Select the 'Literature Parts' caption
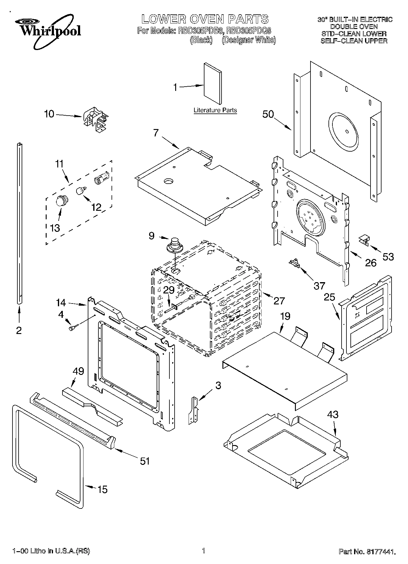(x=215, y=110)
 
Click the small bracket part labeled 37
(x=294, y=263)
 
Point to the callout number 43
(x=333, y=415)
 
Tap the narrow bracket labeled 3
(x=193, y=411)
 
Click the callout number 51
(x=145, y=461)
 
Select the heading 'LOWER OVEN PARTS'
(x=205, y=19)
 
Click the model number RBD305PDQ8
(x=249, y=31)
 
